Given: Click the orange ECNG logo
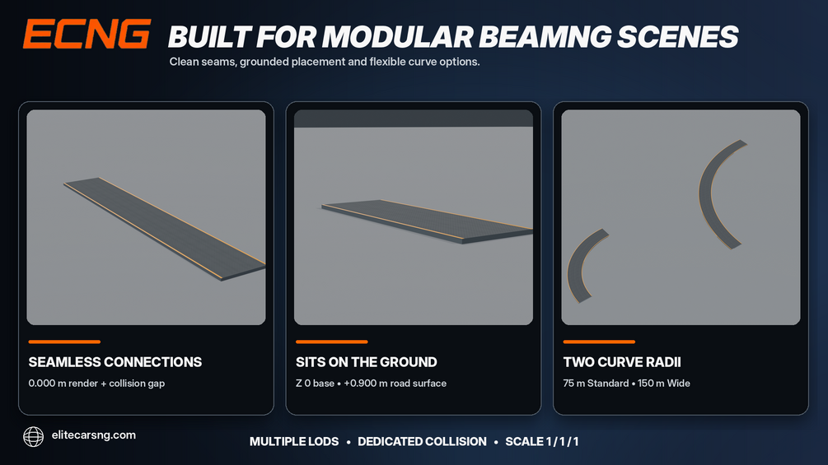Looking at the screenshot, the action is [x=87, y=35].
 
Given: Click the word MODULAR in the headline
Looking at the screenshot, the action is [x=398, y=37].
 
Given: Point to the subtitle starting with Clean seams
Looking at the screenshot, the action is [x=325, y=62].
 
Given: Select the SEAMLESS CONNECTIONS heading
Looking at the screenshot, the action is [x=115, y=362].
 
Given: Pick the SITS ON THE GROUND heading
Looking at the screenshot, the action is [x=367, y=362].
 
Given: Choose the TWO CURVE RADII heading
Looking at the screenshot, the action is [x=622, y=362].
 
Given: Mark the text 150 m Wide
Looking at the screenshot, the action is [x=664, y=384].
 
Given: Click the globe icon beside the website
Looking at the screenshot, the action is [x=33, y=436].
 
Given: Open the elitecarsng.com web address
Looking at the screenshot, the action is [x=93, y=435].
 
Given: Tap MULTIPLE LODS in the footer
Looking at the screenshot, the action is [x=294, y=442].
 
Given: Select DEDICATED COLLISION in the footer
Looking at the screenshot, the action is [x=422, y=442].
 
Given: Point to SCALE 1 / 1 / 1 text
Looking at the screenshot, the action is [x=542, y=442].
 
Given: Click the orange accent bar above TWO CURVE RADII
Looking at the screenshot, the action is [x=599, y=342].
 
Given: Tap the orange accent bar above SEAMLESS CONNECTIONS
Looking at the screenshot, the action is [x=64, y=342].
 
